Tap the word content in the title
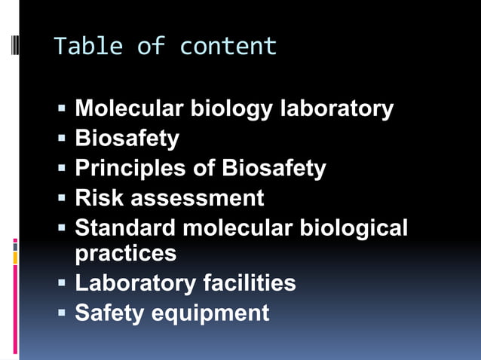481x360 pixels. tap(228, 47)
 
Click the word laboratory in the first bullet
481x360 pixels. tap(336, 108)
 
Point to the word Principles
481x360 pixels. tap(131, 168)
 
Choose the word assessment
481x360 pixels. tap(198, 198)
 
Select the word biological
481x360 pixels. tap(354, 227)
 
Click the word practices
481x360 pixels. tap(126, 253)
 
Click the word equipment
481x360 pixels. tap(210, 313)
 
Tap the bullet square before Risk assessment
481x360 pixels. tap(63, 199)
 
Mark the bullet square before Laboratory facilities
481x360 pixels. tap(63, 284)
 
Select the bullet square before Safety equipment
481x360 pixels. tap(63, 313)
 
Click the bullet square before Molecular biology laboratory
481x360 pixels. tap(63, 109)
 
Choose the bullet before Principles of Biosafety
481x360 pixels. tap(63, 169)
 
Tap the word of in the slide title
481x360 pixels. tap(151, 47)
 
